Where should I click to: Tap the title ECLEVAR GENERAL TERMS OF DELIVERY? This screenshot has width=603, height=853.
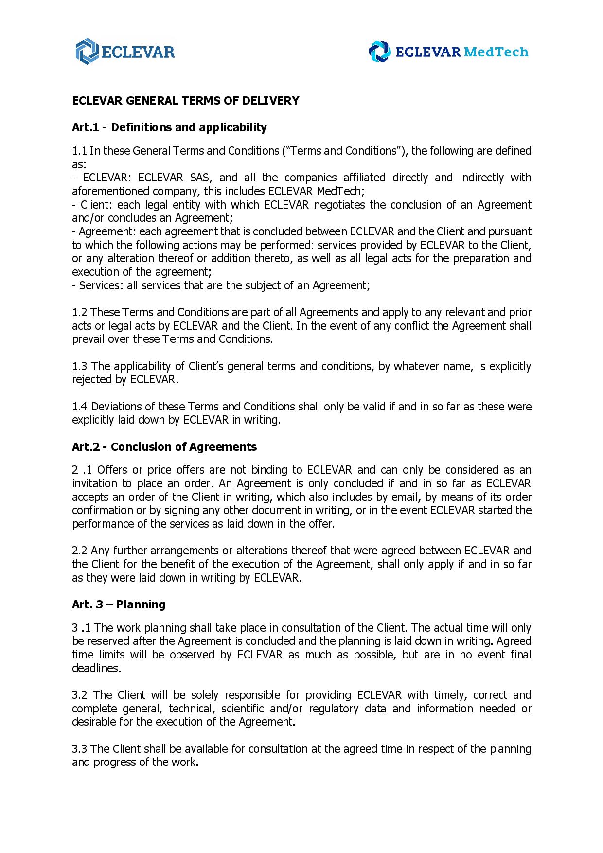(x=185, y=101)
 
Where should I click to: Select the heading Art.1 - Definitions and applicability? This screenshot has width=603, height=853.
(x=169, y=127)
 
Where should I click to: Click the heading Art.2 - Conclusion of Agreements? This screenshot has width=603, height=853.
(x=164, y=447)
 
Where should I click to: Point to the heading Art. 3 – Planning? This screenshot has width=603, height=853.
(x=119, y=604)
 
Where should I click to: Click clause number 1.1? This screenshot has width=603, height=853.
(x=79, y=151)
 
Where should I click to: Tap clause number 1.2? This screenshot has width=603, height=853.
(x=80, y=312)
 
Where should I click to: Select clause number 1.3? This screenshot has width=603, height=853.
(x=80, y=366)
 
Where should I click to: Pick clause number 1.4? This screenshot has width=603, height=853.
(x=80, y=407)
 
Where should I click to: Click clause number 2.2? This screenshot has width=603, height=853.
(x=80, y=551)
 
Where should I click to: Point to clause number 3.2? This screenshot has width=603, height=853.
(x=80, y=695)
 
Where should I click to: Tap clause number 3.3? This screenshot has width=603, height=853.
(x=80, y=749)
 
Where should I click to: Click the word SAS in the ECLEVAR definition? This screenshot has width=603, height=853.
(x=199, y=178)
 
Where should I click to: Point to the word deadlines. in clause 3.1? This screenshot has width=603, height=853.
(x=96, y=668)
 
